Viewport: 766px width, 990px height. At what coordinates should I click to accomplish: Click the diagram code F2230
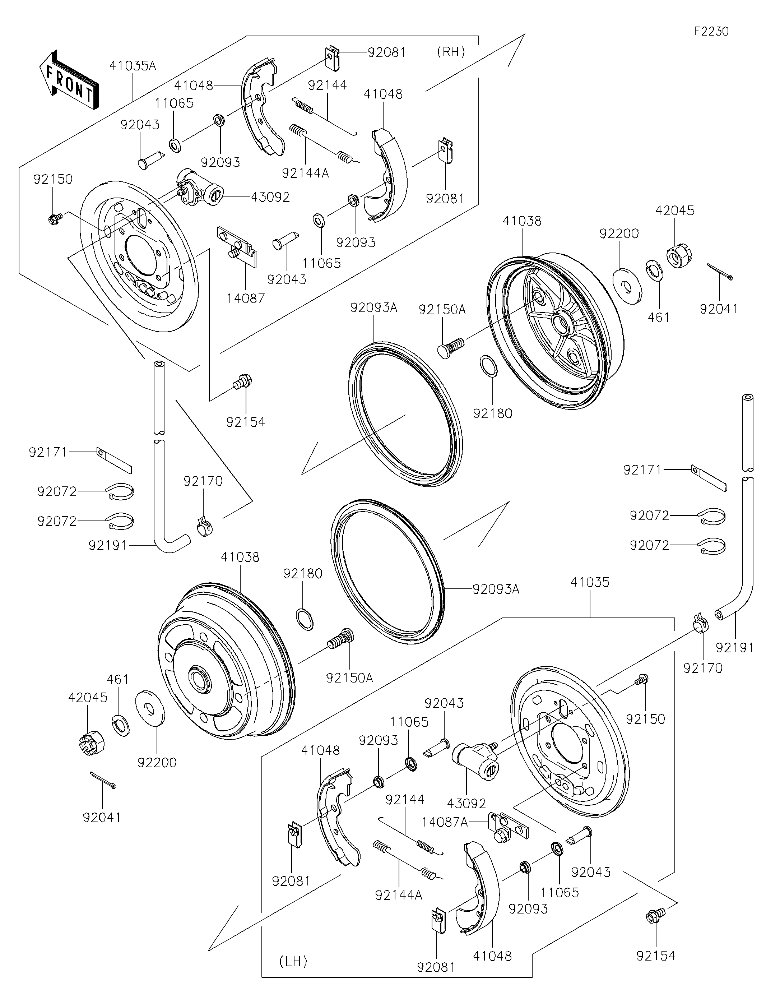click(x=711, y=31)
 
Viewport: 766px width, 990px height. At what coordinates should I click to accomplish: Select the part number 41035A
click(x=133, y=66)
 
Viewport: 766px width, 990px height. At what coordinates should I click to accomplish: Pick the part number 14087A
click(x=445, y=822)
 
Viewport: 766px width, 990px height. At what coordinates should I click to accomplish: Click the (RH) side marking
click(x=451, y=52)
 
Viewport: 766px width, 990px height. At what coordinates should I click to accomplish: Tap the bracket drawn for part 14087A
click(x=508, y=828)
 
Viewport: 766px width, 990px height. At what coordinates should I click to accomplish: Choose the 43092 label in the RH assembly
click(x=270, y=197)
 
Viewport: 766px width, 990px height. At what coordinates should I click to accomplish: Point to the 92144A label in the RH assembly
click(x=305, y=173)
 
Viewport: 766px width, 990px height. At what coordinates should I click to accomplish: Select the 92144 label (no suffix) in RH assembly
click(x=327, y=85)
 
